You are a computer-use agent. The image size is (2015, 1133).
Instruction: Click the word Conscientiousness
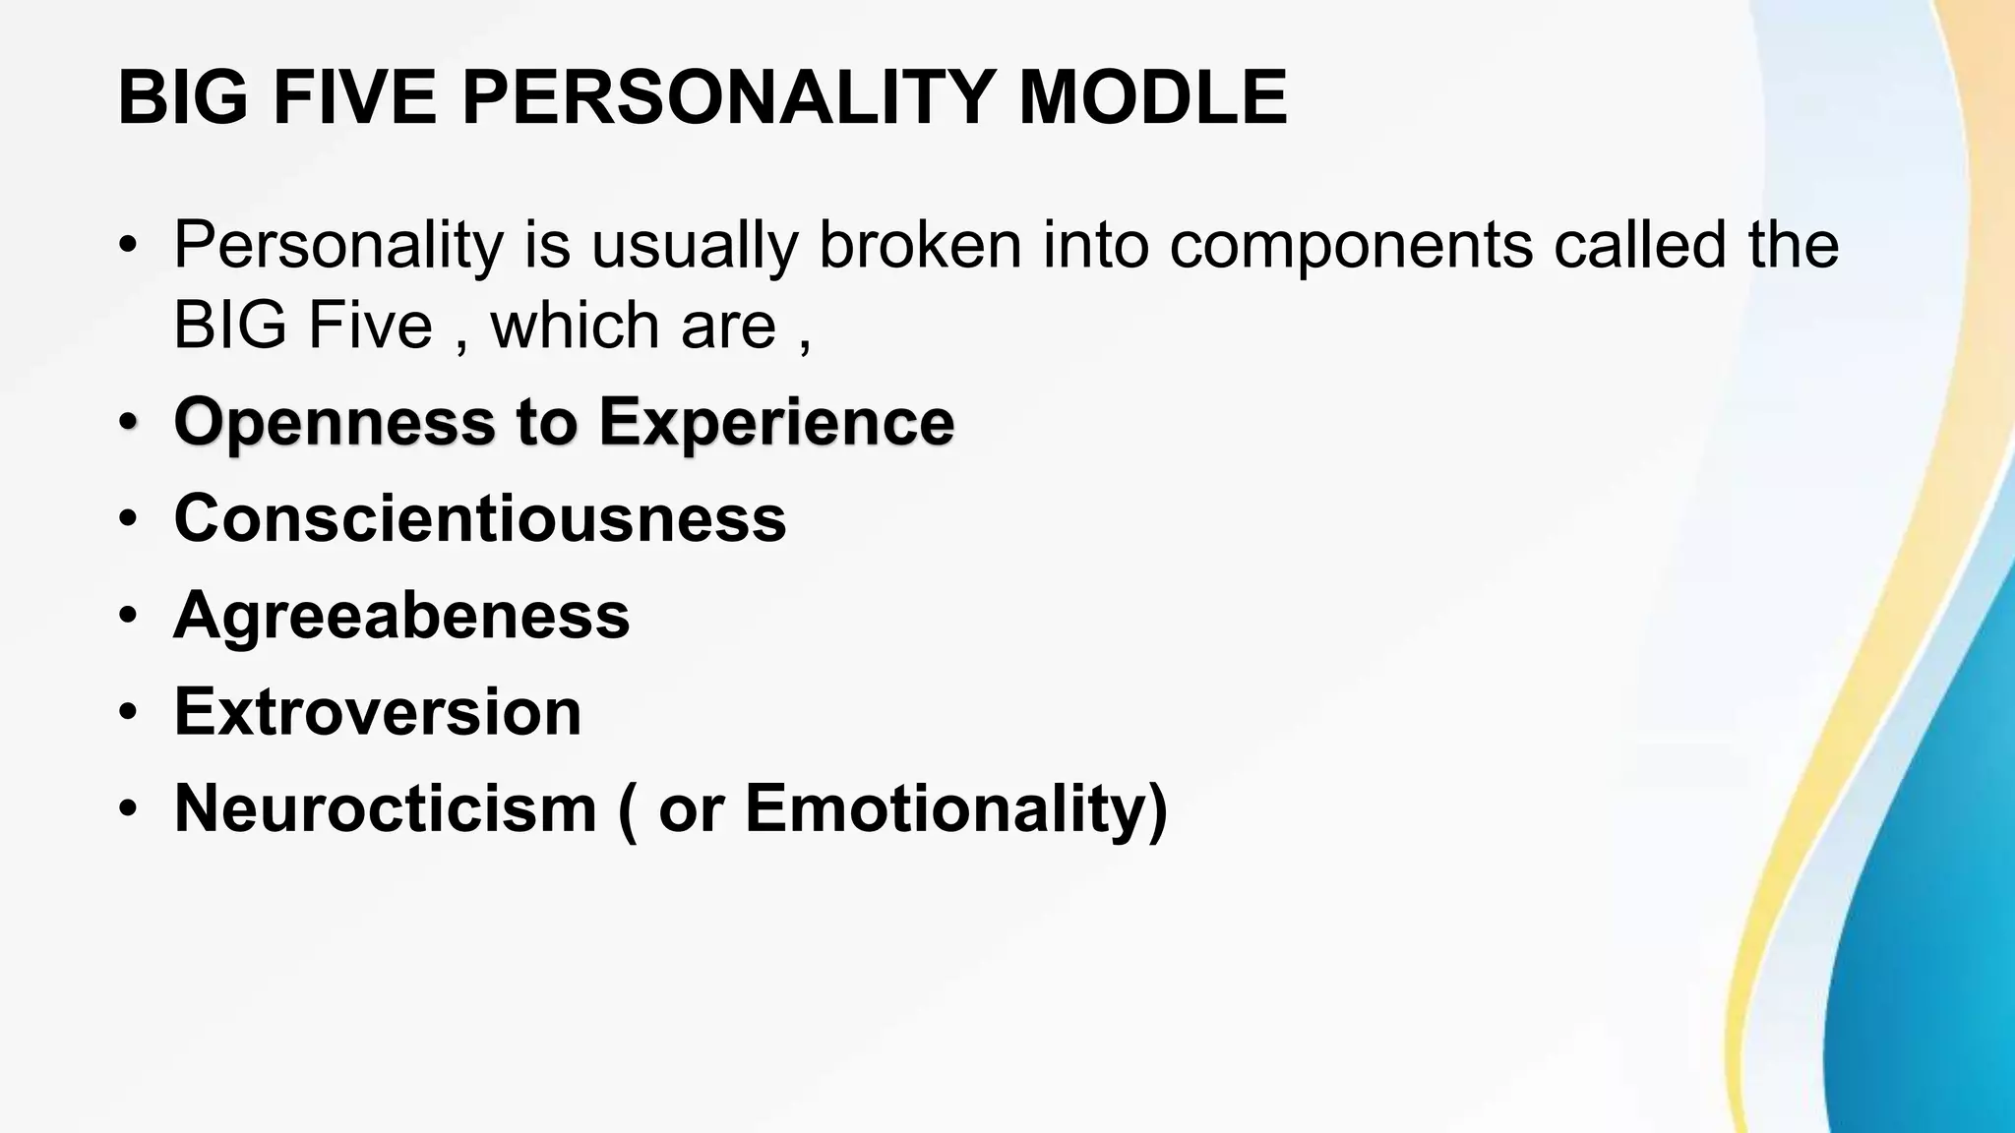tap(480, 518)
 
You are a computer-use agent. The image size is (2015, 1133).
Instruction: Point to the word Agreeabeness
tap(401, 616)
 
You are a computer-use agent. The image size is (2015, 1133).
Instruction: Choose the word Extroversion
tap(378, 711)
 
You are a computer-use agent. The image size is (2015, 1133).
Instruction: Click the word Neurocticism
tap(385, 808)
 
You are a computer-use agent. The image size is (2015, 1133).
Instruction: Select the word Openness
tap(334, 423)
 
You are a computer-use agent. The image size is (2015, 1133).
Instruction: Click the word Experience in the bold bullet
tap(776, 423)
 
